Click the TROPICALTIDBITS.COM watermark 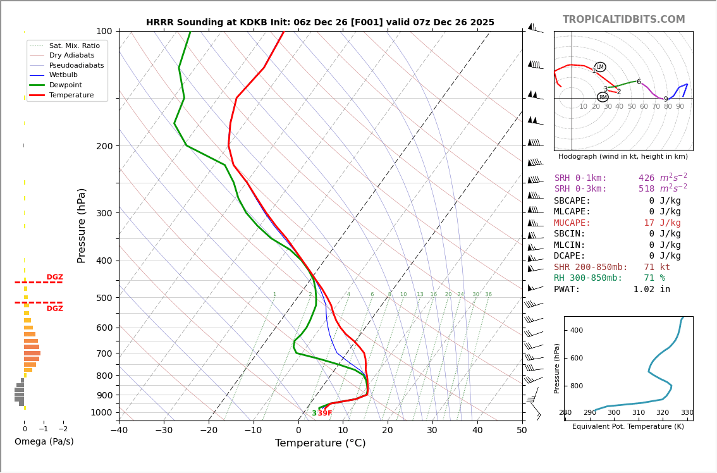point(623,20)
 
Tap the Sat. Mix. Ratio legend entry point(74,46)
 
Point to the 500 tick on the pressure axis point(104,298)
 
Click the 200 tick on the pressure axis point(104,146)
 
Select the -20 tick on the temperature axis point(209,431)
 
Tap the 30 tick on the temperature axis point(432,431)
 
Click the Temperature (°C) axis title point(320,443)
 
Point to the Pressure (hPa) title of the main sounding point(82,225)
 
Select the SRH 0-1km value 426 point(646,178)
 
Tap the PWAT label point(567,290)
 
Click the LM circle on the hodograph point(600,67)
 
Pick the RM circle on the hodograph point(603,97)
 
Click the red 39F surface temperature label point(325,414)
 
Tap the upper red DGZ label point(55,278)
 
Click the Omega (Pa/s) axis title point(44,442)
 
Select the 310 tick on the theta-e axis point(639,413)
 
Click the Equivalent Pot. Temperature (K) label point(628,427)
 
